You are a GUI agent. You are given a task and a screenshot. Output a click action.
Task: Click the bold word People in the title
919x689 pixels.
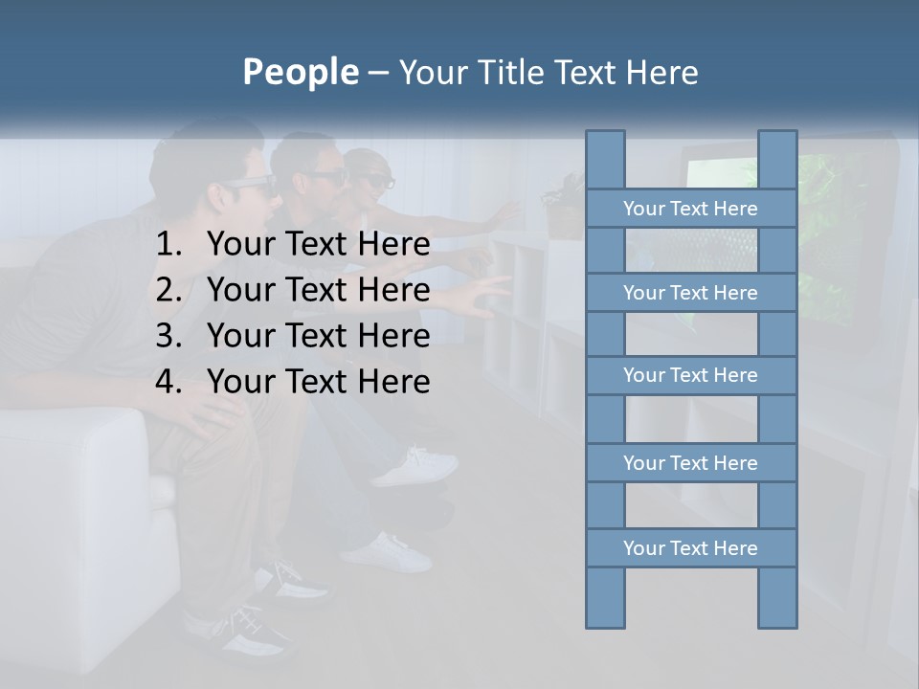tap(300, 72)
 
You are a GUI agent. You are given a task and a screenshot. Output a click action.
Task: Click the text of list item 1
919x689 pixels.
tap(318, 245)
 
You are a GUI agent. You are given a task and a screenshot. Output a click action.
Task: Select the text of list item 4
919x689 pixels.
tap(318, 382)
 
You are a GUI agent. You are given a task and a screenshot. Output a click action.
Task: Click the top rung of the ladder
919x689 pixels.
tap(690, 209)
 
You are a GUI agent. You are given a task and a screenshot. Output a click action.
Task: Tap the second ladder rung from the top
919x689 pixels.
tap(690, 293)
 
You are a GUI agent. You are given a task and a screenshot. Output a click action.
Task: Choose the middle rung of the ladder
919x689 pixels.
tap(690, 375)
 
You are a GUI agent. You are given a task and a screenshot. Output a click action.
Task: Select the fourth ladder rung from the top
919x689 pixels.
tap(690, 463)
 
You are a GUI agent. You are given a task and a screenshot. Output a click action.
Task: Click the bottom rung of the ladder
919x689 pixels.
tap(690, 548)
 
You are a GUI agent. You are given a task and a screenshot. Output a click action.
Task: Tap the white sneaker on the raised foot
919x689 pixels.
tap(416, 467)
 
